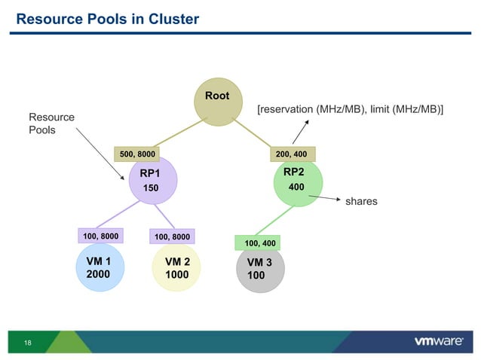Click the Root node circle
(x=216, y=104)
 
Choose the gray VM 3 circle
(x=259, y=270)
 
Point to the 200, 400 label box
(x=293, y=154)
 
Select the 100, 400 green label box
(x=260, y=243)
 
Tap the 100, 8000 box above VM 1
(x=100, y=236)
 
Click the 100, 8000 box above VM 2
(x=172, y=236)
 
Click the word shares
(x=361, y=203)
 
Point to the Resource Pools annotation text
(x=51, y=124)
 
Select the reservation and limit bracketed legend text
(x=350, y=110)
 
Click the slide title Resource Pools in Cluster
(x=108, y=19)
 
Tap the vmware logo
(x=438, y=341)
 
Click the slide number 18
(x=28, y=343)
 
